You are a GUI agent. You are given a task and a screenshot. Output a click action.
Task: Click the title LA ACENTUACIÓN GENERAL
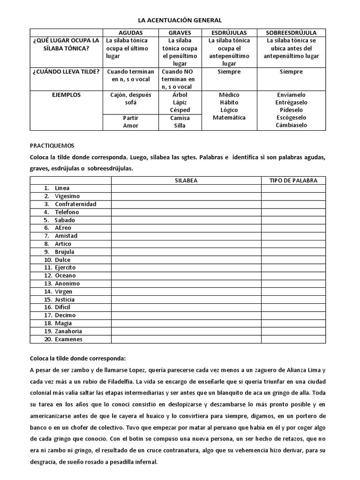(180, 21)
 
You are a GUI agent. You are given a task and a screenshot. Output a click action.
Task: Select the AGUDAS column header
(131, 33)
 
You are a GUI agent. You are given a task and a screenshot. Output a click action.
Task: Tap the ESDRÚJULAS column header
(229, 33)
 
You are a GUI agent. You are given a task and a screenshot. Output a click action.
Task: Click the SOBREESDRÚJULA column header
(291, 33)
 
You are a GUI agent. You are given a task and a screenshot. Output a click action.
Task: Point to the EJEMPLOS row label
(66, 95)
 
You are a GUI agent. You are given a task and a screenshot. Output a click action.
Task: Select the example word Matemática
(229, 118)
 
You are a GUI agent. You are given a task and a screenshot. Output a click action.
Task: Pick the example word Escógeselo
(291, 118)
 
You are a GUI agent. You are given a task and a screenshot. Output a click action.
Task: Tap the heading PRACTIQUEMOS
(52, 146)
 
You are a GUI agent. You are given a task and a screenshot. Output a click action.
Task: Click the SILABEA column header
(186, 180)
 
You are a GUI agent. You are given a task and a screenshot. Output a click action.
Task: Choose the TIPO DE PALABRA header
(293, 180)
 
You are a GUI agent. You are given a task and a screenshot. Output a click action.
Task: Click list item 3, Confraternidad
(75, 204)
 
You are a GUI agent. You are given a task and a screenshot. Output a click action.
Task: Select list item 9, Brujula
(64, 252)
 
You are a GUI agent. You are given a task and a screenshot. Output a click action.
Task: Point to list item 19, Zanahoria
(68, 331)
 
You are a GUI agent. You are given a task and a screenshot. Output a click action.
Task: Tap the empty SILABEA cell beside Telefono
(186, 212)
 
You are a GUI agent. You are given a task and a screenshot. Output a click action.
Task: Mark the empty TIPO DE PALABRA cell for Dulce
(293, 260)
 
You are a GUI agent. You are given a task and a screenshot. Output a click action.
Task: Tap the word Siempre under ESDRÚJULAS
(229, 72)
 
